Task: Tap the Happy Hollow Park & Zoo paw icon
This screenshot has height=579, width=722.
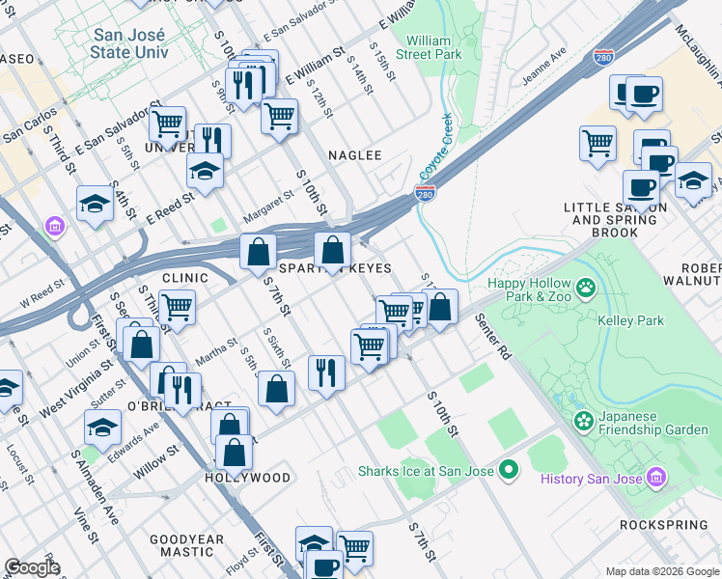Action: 584,288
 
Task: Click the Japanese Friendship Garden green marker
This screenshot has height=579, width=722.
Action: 583,421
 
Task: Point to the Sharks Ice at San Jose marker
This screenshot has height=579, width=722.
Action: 509,471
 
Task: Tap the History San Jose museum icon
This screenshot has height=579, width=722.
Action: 657,478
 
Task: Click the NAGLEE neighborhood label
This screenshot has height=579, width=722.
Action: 354,155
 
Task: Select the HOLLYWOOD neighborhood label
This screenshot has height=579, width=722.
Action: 247,478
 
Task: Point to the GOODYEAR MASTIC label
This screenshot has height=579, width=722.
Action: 187,546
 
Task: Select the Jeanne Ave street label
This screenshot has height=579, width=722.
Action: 543,68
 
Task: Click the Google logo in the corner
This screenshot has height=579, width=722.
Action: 33,567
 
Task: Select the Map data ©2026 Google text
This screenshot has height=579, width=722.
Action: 662,571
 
